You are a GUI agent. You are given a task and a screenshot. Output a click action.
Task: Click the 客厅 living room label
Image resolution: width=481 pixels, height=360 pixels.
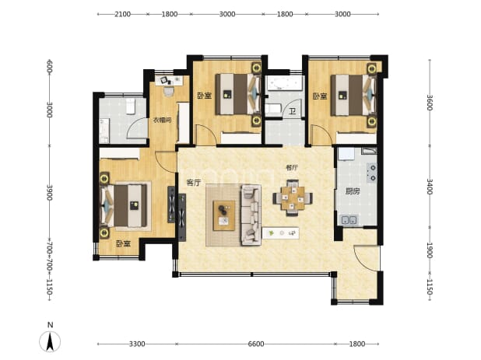point(194,183)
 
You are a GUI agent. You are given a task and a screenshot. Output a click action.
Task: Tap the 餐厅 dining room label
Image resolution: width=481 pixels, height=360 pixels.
point(292,168)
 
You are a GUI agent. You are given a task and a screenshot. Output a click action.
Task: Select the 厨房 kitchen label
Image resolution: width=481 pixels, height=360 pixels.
point(353,191)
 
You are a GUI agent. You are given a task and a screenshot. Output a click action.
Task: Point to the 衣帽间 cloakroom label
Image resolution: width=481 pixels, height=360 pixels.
point(162,120)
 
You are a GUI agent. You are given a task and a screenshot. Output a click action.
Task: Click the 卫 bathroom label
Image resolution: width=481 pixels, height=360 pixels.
point(293,111)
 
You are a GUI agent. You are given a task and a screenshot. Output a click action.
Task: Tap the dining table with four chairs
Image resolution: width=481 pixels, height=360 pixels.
point(293,198)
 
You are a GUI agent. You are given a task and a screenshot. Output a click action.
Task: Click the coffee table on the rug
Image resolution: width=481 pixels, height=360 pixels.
point(224,215)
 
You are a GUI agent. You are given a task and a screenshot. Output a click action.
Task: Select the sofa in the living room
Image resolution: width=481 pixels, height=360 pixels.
point(251,215)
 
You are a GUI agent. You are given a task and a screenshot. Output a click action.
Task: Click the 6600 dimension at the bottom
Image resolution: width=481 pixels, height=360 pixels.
point(256,344)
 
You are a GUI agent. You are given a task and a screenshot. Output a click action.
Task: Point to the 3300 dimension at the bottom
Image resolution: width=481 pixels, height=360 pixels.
point(137,344)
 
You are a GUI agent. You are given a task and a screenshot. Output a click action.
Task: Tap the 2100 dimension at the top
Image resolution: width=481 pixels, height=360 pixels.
point(122,14)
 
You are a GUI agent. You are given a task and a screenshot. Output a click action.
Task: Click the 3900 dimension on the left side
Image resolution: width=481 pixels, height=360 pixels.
point(49,192)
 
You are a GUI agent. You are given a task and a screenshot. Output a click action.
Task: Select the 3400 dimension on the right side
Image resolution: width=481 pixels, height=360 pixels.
point(430,187)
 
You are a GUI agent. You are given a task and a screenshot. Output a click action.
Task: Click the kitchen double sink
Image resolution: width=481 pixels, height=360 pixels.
point(349,220)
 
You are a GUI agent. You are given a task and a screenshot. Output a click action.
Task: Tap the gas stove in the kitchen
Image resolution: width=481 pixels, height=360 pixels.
point(372,173)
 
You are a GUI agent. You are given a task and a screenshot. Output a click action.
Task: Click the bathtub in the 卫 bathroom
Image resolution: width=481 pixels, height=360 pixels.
point(284,82)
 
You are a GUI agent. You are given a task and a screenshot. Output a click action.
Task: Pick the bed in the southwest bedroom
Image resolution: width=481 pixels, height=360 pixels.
point(124,205)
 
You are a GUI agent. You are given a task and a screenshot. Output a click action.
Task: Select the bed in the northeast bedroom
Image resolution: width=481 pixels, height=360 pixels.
point(353,95)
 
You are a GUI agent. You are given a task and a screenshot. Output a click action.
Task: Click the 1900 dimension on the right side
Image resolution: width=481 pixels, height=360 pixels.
point(430,250)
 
